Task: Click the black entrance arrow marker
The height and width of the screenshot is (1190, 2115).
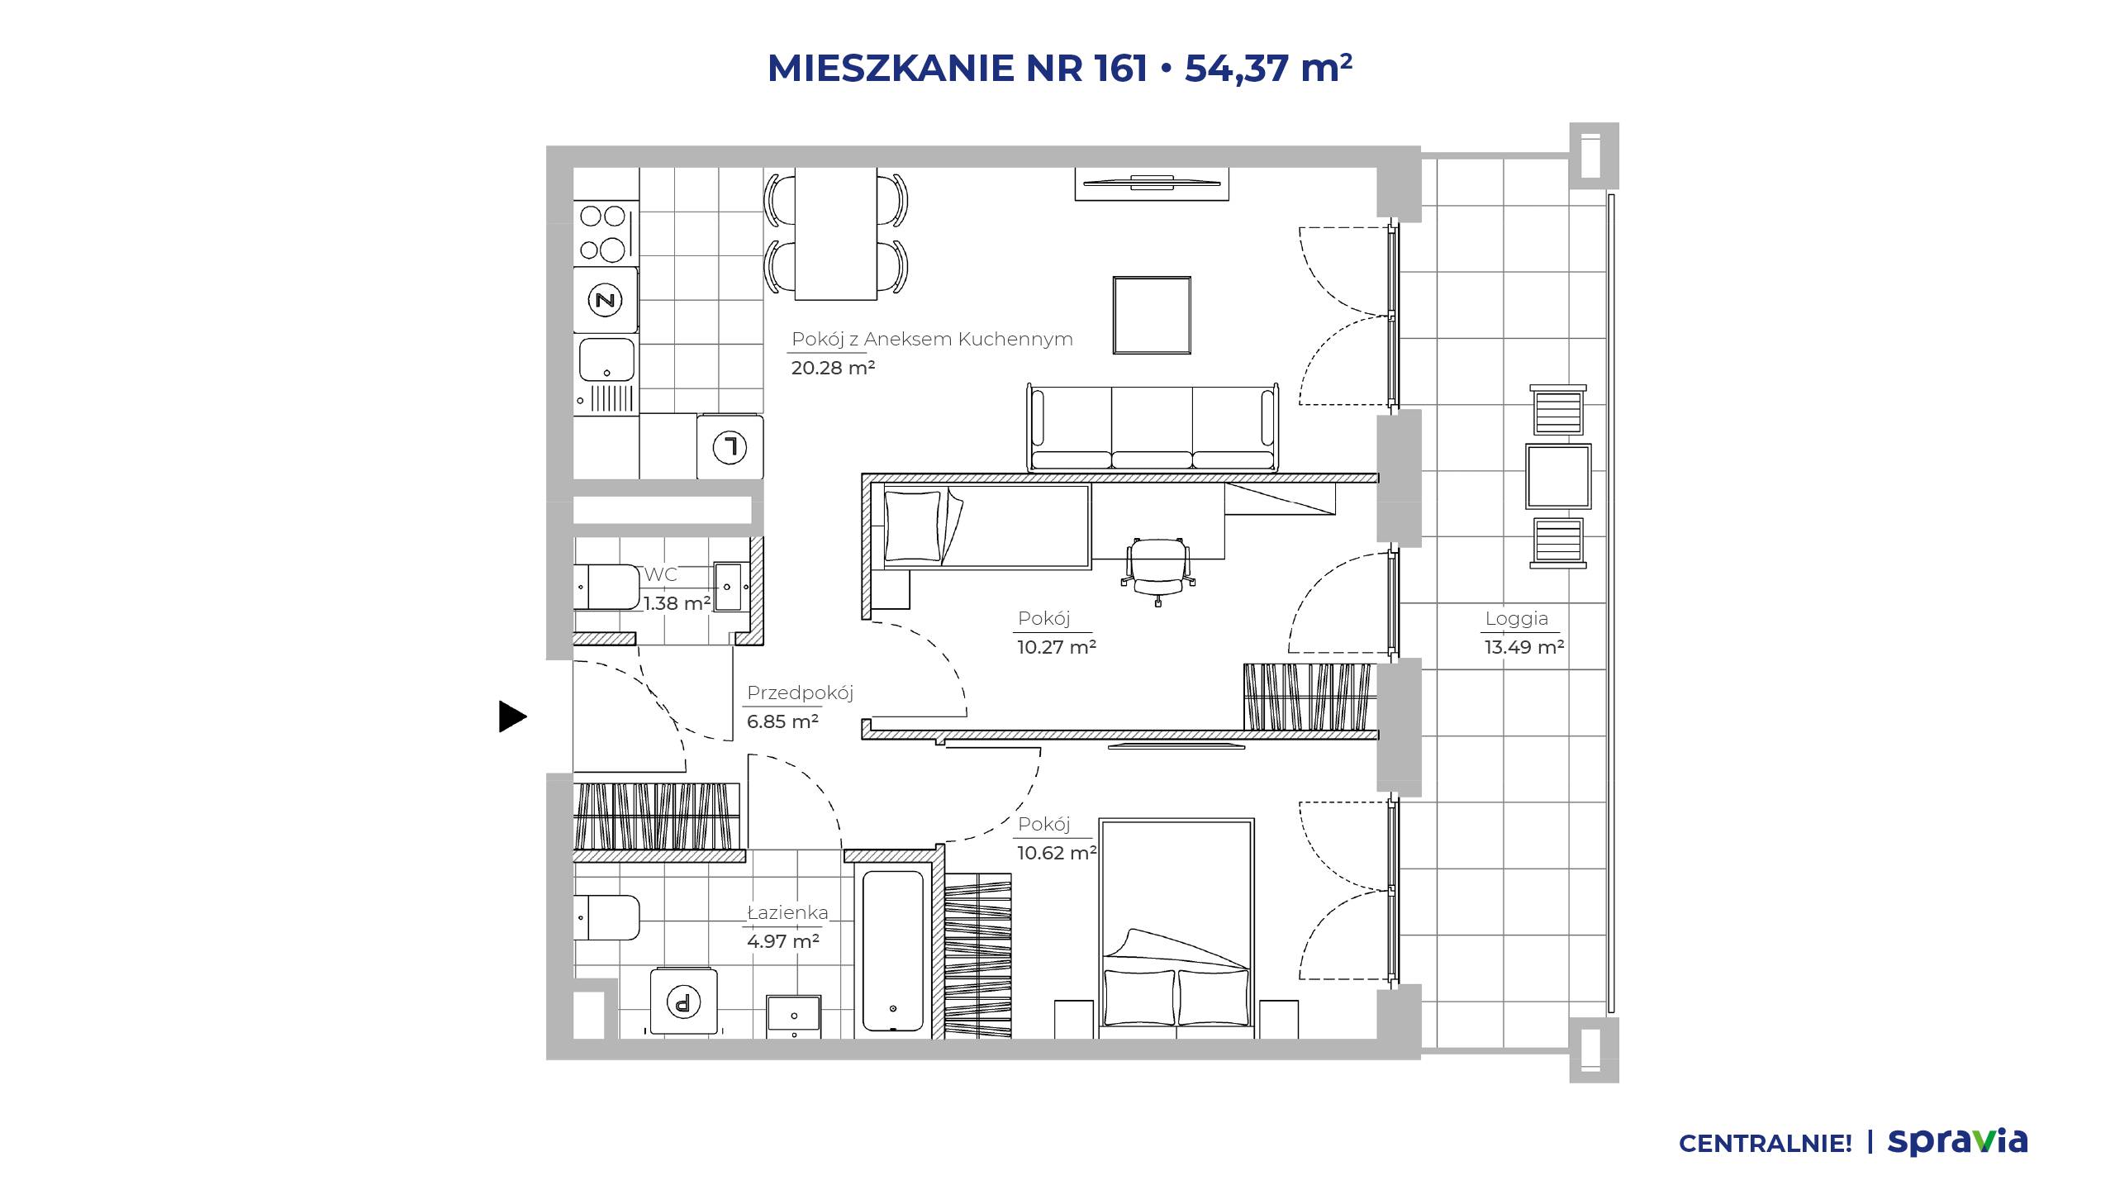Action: (x=511, y=716)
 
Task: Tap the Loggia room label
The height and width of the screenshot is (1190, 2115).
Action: (x=1516, y=618)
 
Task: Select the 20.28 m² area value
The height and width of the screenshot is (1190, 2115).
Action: (x=833, y=368)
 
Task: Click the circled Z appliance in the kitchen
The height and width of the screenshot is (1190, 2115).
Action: (x=606, y=299)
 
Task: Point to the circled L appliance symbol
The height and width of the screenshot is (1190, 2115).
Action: (x=730, y=447)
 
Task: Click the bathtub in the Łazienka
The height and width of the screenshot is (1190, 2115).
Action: (x=892, y=950)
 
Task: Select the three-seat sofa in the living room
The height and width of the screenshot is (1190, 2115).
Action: (x=1153, y=427)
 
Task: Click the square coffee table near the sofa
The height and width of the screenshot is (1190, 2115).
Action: (x=1152, y=315)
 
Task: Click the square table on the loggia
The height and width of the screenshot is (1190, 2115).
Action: (x=1558, y=476)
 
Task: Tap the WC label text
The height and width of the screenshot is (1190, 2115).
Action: (x=660, y=574)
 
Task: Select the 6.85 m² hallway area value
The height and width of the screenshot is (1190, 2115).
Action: (x=782, y=721)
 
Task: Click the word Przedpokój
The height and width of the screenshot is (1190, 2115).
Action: (x=800, y=693)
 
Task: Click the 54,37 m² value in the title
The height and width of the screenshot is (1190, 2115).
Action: (x=1268, y=67)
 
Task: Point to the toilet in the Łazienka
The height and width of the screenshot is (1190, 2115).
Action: (x=606, y=917)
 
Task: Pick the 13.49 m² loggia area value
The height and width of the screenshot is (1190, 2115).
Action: (x=1524, y=647)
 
